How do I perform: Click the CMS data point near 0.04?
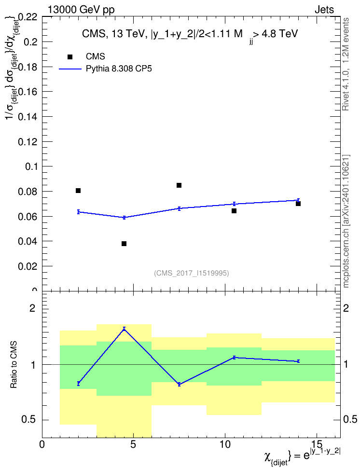coord(124,244)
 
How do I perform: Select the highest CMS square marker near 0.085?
coord(179,185)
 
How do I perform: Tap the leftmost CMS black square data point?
coord(78,191)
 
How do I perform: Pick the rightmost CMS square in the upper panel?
coord(298,204)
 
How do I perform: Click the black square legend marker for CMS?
coord(70,57)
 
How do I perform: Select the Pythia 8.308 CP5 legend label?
coord(119,69)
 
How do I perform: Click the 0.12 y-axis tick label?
coord(28,142)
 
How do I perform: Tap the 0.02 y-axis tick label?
coord(28,266)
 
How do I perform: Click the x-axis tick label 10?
coord(225,444)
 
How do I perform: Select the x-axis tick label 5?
coord(133,444)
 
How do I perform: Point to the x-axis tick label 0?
coord(42,444)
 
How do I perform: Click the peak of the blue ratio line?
coord(124,329)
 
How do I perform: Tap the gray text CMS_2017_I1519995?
coord(192,273)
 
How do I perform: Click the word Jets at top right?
coord(324,10)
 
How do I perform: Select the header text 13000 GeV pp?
coord(81,10)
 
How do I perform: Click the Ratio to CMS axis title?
coord(14,365)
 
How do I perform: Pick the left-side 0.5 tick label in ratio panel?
coord(29,420)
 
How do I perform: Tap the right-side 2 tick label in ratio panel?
coord(346,308)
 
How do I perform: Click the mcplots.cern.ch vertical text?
coord(346,221)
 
